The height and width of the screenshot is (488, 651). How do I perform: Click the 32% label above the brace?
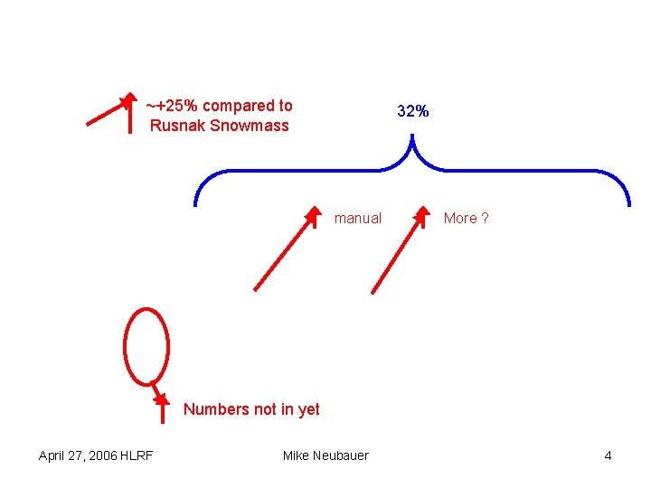413,112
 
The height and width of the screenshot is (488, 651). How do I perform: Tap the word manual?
358,218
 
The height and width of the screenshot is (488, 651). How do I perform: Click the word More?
460,218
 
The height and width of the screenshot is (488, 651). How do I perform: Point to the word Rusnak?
178,126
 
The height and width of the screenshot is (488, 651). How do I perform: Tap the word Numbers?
216,409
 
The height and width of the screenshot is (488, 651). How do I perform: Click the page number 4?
608,455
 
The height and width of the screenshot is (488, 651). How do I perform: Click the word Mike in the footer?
296,455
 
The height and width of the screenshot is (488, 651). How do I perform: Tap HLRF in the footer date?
136,455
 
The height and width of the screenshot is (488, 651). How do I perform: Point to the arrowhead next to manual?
313,216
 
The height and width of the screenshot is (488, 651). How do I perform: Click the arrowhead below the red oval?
160,398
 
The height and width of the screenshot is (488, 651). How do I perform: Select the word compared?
235,106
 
